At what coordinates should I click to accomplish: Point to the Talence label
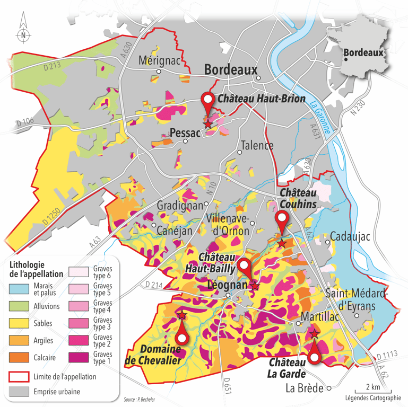(x=257, y=146)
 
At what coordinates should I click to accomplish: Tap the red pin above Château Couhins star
(x=282, y=219)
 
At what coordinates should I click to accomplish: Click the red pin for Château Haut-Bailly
(x=244, y=267)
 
